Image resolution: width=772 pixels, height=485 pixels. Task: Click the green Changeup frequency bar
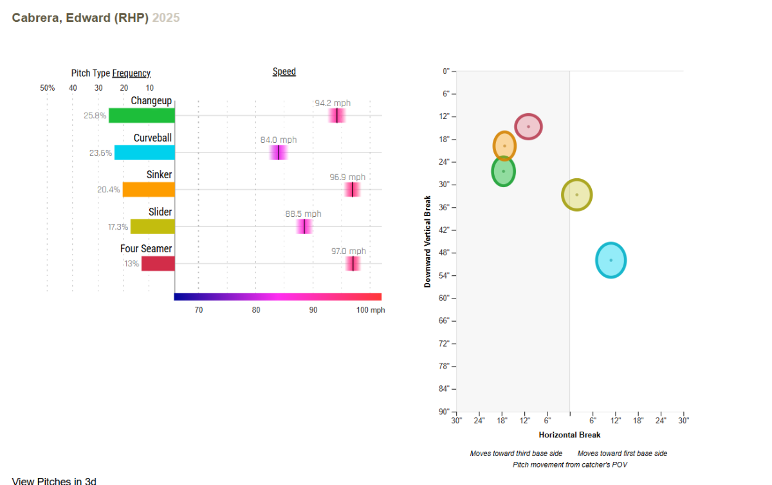click(142, 115)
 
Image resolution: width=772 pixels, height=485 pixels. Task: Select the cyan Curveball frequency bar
click(145, 152)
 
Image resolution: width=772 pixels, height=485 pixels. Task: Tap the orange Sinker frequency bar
click(149, 189)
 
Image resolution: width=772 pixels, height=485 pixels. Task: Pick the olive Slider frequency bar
click(152, 226)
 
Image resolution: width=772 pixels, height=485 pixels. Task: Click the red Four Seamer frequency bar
click(158, 263)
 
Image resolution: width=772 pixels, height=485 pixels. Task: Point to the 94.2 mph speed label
click(333, 103)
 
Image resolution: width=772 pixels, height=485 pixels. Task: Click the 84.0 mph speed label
click(279, 140)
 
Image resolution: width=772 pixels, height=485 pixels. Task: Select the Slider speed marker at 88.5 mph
click(304, 226)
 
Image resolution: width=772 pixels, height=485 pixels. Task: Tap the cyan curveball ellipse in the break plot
click(611, 260)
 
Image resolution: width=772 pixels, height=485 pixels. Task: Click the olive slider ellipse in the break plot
click(576, 194)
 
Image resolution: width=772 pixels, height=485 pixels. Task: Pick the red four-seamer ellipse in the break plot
click(528, 127)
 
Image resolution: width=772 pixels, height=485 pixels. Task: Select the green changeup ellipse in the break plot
click(504, 171)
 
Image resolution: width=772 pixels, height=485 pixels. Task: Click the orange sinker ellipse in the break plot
click(504, 146)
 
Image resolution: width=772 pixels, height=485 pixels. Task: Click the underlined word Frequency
click(131, 73)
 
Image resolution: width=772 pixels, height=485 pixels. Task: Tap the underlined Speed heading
click(284, 71)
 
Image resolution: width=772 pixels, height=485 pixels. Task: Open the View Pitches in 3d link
click(54, 480)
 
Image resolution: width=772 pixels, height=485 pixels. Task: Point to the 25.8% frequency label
click(95, 116)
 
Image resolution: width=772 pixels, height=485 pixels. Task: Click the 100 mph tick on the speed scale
click(371, 310)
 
